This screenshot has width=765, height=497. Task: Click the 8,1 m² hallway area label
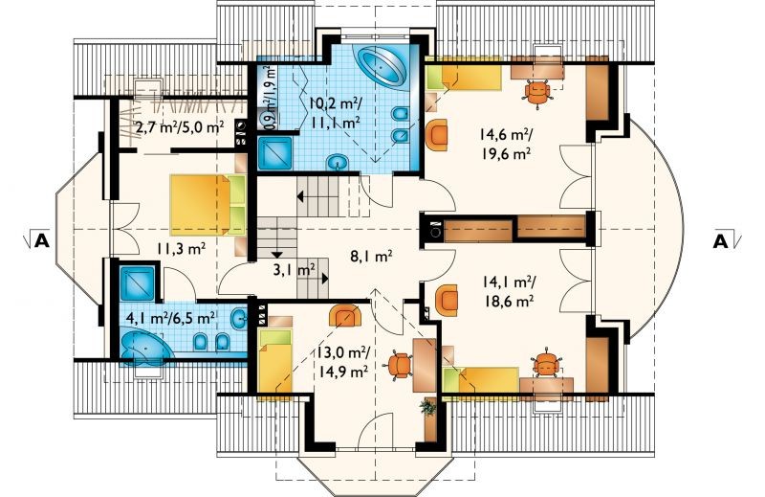(371, 256)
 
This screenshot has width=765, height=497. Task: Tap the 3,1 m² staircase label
(294, 270)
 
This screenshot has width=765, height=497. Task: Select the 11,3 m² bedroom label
(181, 248)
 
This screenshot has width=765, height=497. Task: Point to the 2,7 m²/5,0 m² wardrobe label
(180, 128)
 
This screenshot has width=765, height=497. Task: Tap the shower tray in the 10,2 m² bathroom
(274, 152)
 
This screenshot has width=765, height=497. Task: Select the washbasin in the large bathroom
(338, 161)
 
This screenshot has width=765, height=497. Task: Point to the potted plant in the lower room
(427, 407)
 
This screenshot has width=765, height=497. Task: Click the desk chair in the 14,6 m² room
(536, 91)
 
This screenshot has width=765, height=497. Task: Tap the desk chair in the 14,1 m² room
(543, 363)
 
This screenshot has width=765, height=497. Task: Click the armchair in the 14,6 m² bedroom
(437, 135)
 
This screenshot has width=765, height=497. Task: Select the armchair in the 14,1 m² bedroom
(447, 300)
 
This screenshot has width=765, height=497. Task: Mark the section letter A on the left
(42, 241)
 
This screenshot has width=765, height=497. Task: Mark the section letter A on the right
(721, 241)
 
